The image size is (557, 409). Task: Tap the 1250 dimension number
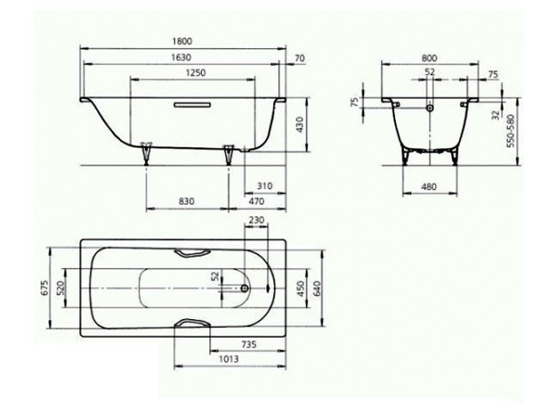click(x=194, y=73)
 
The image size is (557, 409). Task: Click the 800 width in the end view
click(x=430, y=59)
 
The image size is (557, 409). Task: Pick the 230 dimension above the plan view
click(x=256, y=220)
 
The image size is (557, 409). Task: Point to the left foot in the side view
click(x=147, y=151)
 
